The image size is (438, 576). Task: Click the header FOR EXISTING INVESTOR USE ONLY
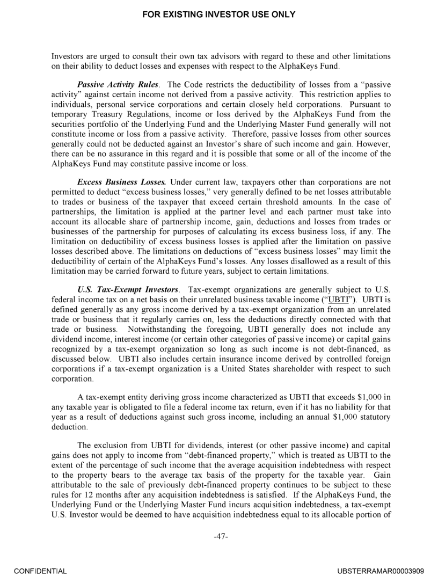218,14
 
